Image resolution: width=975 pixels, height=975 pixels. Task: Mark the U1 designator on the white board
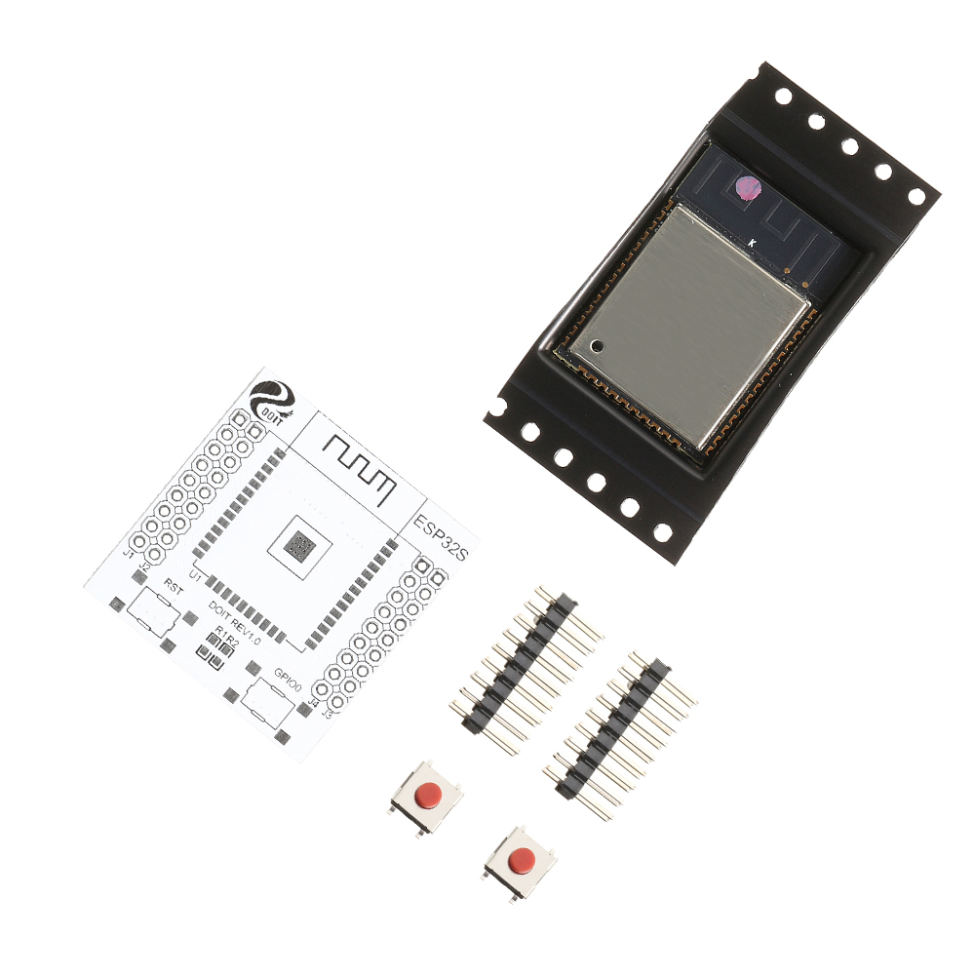point(195,576)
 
